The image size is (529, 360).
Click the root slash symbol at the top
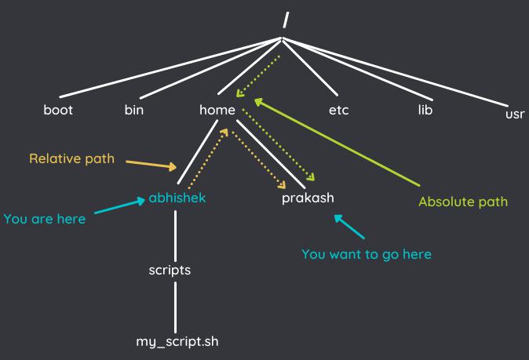286,20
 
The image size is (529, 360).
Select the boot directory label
58,110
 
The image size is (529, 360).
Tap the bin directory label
134,110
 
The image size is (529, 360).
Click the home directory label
217,110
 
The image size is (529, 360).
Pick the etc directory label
339,111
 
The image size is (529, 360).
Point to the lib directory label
425,110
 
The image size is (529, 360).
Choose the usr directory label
515,114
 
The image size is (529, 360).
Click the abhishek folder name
177,198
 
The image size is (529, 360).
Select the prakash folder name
308,198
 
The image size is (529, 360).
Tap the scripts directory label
170,271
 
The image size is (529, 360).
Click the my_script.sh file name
177,342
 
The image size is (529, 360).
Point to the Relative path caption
72,158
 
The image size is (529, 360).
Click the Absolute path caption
463,202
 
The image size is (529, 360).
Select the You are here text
45,219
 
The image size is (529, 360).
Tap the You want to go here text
367,254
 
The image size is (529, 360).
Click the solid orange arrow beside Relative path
151,165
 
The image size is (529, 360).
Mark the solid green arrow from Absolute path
337,142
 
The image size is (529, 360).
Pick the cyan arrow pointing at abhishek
120,205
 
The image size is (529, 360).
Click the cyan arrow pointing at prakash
349,227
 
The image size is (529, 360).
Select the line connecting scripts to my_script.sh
176,307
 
